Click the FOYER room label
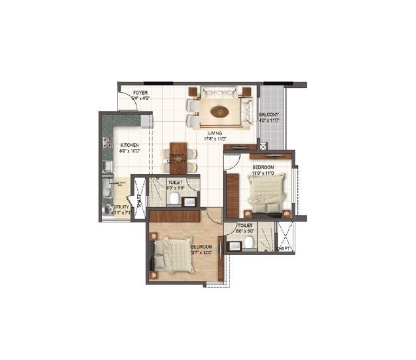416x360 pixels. point(140,93)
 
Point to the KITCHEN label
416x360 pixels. point(129,144)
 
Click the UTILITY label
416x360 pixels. point(121,206)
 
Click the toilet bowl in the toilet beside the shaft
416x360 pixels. point(248,243)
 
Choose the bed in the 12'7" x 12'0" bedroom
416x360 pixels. point(174,256)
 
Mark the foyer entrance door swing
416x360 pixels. point(126,101)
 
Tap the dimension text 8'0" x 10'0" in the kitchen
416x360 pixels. point(129,150)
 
